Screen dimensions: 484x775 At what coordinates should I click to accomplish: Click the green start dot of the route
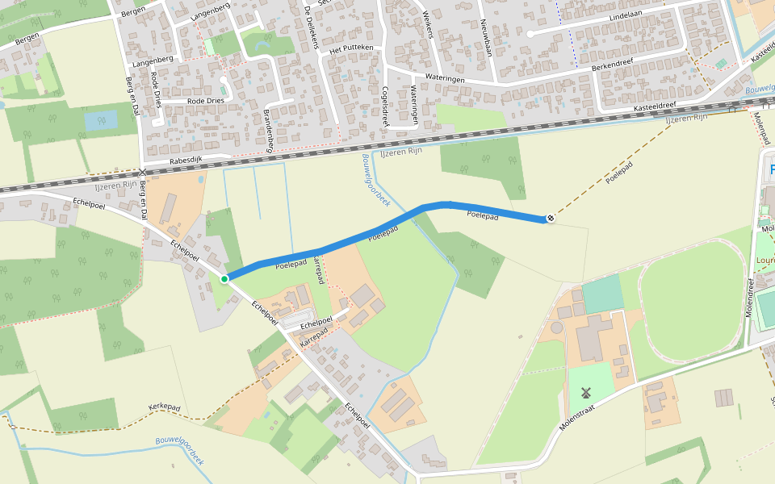point(224,278)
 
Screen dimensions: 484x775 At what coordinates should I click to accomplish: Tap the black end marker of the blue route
point(551,218)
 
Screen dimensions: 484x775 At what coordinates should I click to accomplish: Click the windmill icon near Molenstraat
point(586,394)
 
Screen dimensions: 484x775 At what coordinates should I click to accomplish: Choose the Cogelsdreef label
point(386,106)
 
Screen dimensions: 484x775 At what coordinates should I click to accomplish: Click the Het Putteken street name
point(352,48)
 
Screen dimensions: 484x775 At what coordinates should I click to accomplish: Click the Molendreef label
point(750,298)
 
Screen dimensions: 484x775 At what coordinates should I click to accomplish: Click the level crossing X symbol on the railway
point(143,173)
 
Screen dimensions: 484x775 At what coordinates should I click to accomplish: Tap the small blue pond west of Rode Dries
point(101,120)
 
